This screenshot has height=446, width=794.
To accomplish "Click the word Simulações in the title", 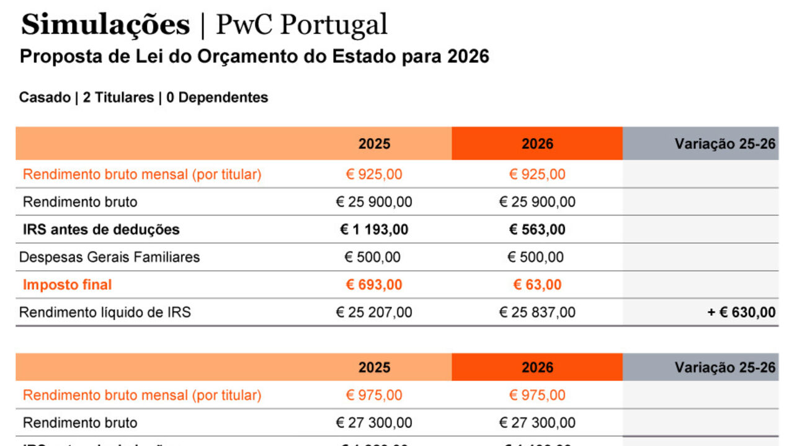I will [x=105, y=25].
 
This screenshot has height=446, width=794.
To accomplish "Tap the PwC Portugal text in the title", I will [x=301, y=25].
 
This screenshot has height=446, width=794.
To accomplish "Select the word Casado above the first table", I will [x=45, y=97].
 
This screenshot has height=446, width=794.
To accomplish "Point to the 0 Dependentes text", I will [x=217, y=97].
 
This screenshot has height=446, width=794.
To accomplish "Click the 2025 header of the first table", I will [x=374, y=144].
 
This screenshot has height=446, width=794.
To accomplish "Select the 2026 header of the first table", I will [x=537, y=144].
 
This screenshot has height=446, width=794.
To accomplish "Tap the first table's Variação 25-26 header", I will [x=725, y=144].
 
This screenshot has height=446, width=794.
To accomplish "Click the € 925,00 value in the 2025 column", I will [x=374, y=175].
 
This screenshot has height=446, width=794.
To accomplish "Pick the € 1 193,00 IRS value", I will [x=374, y=230].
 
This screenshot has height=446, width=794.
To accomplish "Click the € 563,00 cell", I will [x=537, y=230].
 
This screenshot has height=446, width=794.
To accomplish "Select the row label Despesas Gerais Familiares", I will [x=110, y=257].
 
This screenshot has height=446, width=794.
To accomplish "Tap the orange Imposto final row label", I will [x=68, y=285].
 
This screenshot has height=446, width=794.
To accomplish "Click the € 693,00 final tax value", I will [x=374, y=285].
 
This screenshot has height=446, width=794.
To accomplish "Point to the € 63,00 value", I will [x=537, y=285].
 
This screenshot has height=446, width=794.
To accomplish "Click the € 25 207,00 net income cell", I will [x=374, y=313].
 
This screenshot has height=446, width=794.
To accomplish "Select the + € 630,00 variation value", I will [x=741, y=313].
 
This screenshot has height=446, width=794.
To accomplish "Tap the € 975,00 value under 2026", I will [x=537, y=395].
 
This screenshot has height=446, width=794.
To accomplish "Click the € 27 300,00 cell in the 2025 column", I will [x=374, y=423].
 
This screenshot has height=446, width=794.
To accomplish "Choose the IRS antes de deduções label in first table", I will [x=101, y=230].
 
